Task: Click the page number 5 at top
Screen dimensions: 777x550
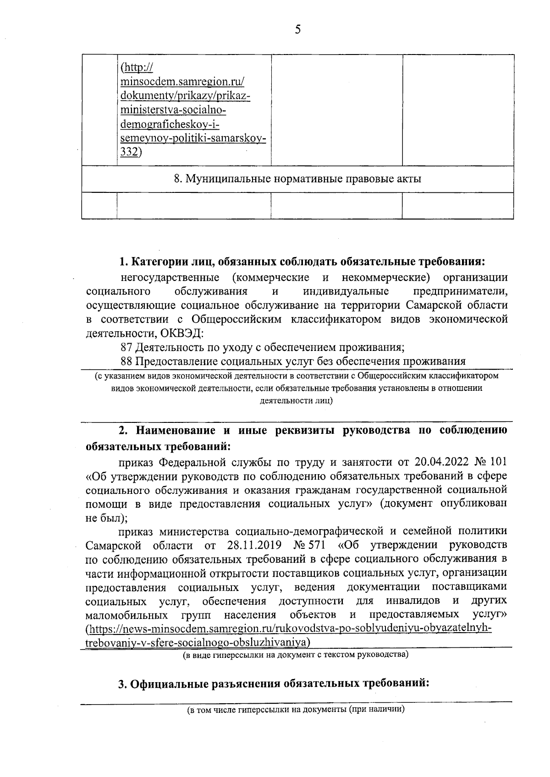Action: pos(297,30)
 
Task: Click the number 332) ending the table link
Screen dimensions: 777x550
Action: pos(131,153)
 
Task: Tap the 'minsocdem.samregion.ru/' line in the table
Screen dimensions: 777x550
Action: pos(182,82)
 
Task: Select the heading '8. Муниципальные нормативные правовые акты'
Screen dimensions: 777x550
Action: pos(297,179)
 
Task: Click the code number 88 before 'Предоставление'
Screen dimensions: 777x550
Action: pos(127,361)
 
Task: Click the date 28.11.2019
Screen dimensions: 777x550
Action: pos(253,546)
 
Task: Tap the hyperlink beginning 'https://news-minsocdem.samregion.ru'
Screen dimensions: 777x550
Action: pos(289,629)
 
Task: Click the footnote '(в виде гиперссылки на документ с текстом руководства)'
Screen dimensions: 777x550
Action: pos(296,655)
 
